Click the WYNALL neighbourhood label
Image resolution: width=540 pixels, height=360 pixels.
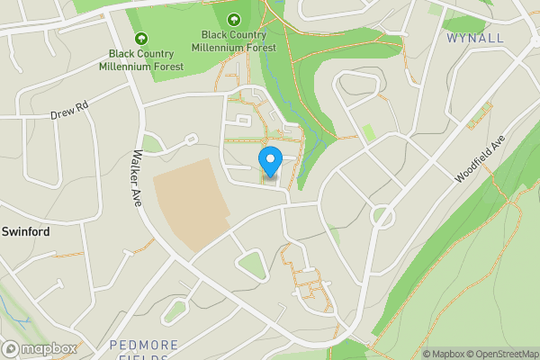click(474, 38)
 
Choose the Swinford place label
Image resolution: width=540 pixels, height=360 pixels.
click(25, 231)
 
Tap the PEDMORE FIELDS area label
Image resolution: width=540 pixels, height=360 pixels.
click(143, 350)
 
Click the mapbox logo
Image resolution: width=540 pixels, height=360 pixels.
click(40, 349)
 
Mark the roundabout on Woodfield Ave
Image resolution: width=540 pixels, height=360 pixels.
click(383, 216)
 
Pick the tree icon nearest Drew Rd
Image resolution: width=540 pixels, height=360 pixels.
click(140, 39)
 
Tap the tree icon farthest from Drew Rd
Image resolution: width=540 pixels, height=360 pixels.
click(234, 19)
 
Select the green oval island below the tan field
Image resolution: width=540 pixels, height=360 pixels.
click(249, 263)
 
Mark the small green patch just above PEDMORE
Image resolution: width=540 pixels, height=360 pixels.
click(175, 310)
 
